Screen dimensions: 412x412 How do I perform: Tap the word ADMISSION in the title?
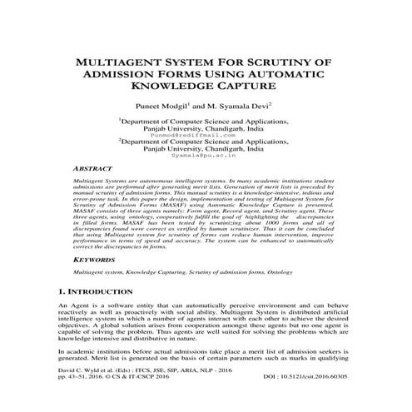tap(123, 73)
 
